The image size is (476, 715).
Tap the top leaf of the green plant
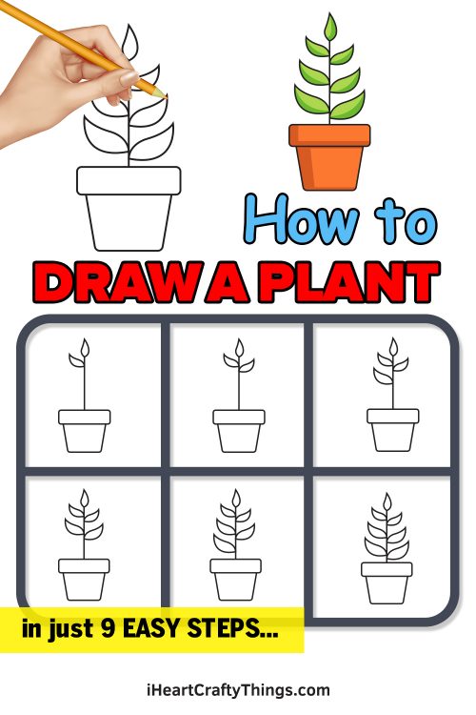coord(329,28)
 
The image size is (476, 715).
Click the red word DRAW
coord(113,283)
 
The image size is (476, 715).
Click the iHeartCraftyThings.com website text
coord(238,689)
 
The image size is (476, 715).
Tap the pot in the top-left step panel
coord(85,431)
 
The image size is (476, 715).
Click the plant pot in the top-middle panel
coord(239,431)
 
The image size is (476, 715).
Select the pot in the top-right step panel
coord(392,431)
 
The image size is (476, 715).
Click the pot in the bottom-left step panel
coord(85,579)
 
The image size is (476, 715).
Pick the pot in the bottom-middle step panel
coord(236,579)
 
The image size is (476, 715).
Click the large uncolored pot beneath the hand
coord(129,207)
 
